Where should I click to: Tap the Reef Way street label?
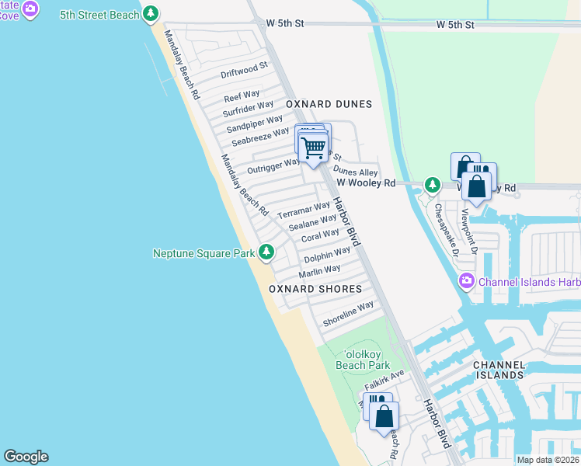coord(242,96)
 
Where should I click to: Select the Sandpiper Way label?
coord(255,123)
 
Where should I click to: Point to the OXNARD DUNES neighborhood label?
coord(329,104)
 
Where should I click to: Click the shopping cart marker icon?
coord(313,146)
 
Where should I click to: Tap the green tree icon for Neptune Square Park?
coord(266,252)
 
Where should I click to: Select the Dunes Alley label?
coord(356,172)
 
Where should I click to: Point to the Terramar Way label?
coord(304,210)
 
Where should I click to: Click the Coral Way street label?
coord(320,235)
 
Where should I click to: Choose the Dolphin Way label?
coord(327,255)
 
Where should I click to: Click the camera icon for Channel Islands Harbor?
coord(467,281)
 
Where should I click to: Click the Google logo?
coord(26,457)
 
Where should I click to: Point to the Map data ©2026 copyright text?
coord(548,460)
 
